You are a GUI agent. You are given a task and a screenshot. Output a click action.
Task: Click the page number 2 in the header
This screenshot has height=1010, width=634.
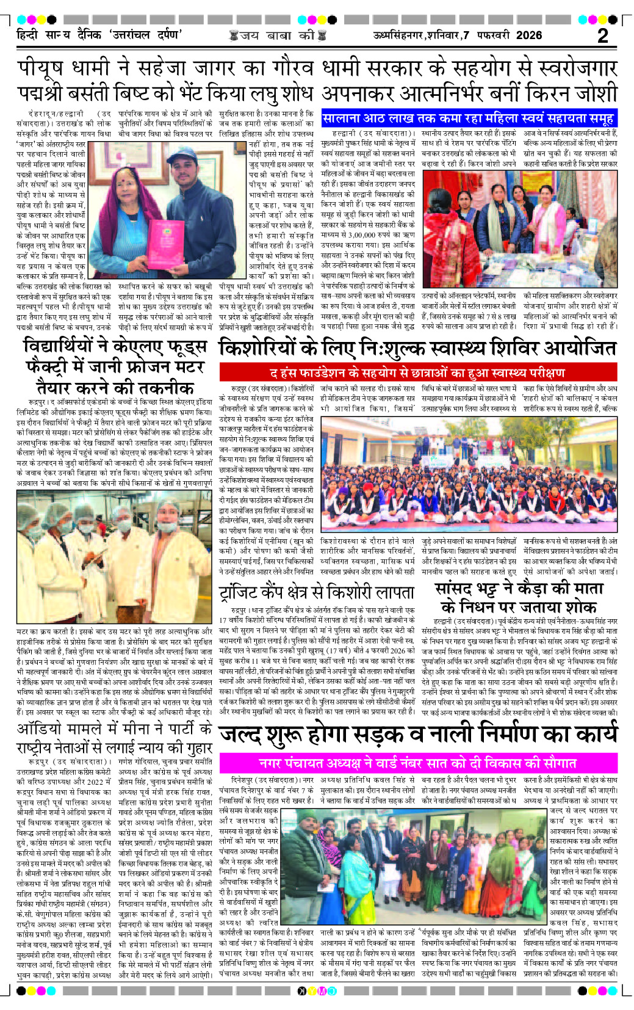pyautogui.click(x=602, y=36)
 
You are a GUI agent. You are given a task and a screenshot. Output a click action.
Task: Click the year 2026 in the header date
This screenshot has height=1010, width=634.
pyautogui.click(x=528, y=35)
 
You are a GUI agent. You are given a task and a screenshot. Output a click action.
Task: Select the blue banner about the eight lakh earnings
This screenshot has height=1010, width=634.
pyautogui.click(x=468, y=118)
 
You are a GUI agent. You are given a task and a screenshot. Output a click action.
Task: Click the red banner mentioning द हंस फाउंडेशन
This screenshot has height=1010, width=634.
pyautogui.click(x=418, y=372)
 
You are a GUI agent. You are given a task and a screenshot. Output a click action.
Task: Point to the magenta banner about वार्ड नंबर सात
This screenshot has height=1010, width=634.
pyautogui.click(x=418, y=763)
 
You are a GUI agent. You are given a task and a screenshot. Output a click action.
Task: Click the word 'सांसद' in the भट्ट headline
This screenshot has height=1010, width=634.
pyautogui.click(x=457, y=589)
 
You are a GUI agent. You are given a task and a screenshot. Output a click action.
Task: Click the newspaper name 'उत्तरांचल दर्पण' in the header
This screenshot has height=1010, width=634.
pyautogui.click(x=145, y=35)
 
